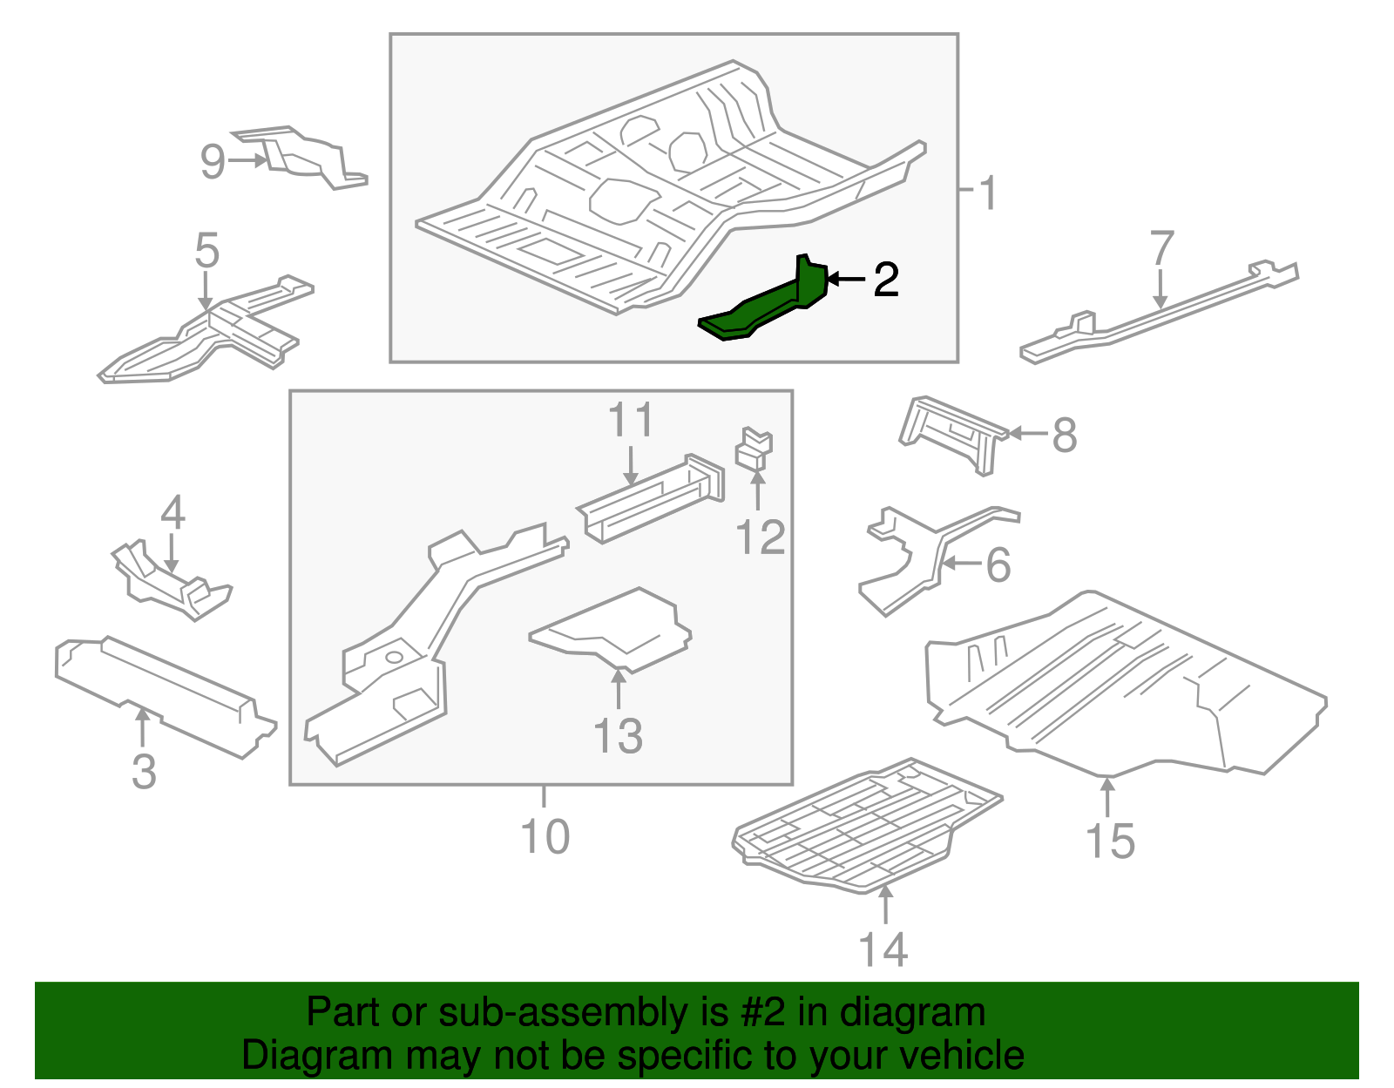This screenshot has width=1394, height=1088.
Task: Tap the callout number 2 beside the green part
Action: click(885, 280)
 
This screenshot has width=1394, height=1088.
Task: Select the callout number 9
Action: click(213, 161)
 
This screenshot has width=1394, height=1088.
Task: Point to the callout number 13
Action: click(618, 736)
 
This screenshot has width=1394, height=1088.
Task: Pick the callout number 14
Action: click(883, 949)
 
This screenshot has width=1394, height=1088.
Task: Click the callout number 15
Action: click(1110, 841)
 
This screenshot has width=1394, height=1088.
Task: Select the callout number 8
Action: click(1064, 435)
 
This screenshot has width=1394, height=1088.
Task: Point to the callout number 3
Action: click(144, 772)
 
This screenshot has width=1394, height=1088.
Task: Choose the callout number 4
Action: click(173, 512)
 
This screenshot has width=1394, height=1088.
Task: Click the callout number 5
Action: click(206, 251)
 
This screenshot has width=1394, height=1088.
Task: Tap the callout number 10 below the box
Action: click(545, 836)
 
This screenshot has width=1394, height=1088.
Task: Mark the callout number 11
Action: click(630, 421)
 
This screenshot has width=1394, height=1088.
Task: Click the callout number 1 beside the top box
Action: click(987, 193)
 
